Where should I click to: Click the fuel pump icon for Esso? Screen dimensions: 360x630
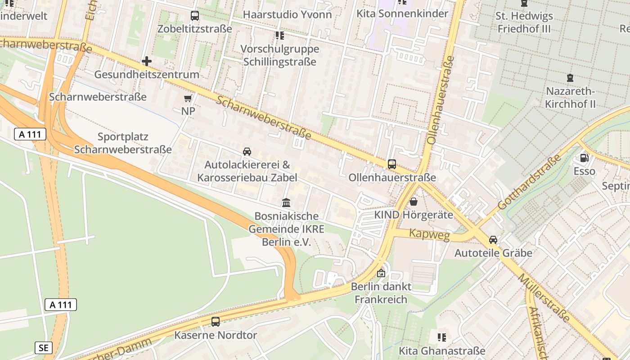pos(584,157)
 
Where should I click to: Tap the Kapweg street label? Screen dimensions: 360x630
pos(429,234)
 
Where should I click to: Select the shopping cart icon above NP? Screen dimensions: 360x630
pos(188,98)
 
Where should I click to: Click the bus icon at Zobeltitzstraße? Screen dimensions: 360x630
pos(194,16)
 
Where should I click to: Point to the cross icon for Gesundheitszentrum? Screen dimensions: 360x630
pos(146,61)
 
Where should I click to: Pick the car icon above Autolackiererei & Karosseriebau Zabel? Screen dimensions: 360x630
pos(247,152)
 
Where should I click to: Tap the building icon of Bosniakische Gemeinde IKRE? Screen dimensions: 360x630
pos(286,203)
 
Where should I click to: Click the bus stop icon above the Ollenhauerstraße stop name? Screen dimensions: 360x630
pos(392,164)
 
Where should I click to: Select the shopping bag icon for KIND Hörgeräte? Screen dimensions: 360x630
pos(413,202)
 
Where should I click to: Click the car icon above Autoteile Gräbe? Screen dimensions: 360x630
pos(493,240)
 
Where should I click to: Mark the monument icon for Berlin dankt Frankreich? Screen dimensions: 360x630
pos(381,273)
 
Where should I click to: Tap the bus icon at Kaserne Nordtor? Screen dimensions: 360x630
pos(216,322)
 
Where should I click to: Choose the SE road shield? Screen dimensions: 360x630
pos(43,347)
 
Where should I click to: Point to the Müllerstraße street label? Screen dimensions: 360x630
pos(543,297)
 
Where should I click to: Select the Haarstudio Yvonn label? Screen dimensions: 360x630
pos(287,14)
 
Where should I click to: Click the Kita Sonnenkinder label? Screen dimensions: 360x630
pos(402,13)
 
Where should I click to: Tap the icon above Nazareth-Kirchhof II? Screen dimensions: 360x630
pos(570,77)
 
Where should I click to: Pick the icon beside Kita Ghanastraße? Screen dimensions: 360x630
pos(442,337)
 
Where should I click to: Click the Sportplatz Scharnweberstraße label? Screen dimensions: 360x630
pos(122,143)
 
